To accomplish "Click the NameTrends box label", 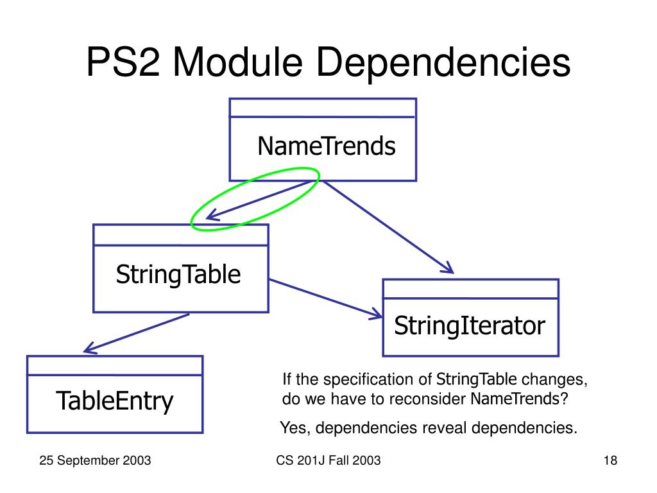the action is coord(327,147).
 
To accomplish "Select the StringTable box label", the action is coord(178,275).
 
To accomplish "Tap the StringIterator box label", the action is coord(469,326).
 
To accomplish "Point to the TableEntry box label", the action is coord(115,401).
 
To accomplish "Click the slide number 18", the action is coord(610,460).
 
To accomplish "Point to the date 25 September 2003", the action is coord(95,460).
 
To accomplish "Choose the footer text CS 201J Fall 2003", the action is coord(328,460).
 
